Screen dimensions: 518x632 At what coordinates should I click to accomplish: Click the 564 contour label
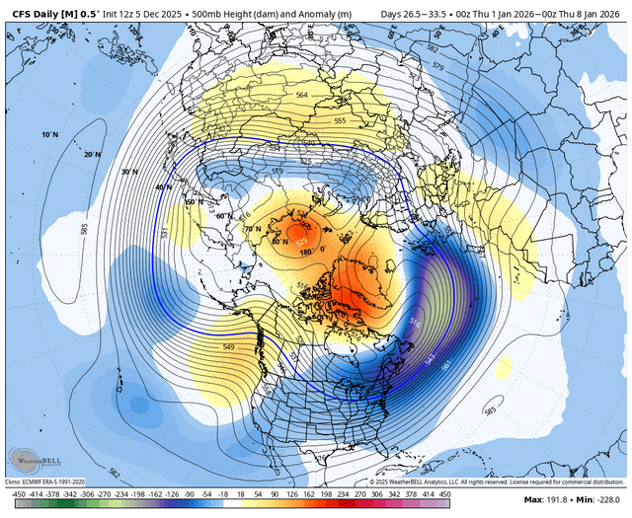click(x=303, y=95)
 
